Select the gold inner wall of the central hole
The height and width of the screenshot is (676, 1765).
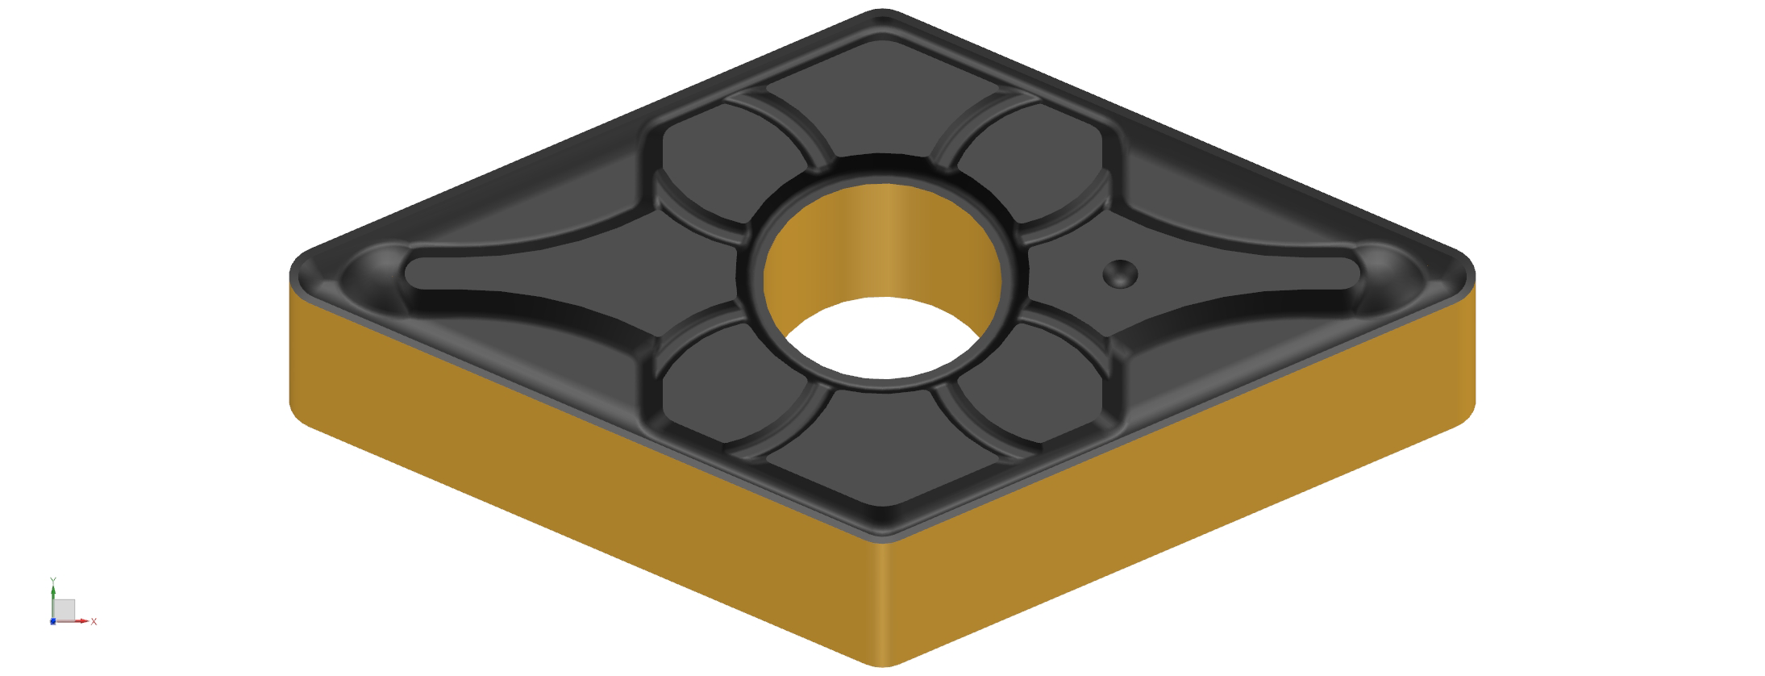click(883, 242)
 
